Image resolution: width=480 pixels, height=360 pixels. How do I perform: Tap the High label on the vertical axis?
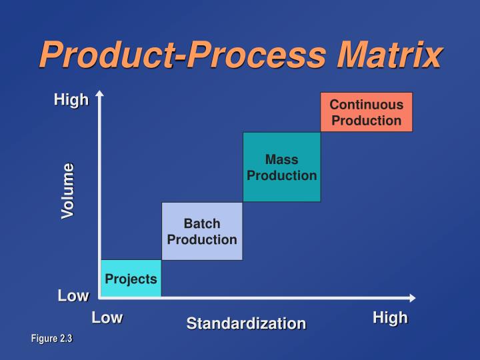click(71, 100)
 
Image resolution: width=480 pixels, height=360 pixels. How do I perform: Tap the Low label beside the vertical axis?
click(73, 296)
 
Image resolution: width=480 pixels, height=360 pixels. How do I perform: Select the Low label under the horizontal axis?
click(107, 317)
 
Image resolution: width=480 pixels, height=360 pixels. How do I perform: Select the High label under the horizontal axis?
click(390, 318)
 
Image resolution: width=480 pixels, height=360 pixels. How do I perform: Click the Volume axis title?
click(68, 191)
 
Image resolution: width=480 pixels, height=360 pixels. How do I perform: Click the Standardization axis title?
click(246, 323)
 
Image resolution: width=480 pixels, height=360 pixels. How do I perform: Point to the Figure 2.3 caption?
click(51, 339)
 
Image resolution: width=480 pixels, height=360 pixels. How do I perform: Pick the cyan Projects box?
click(131, 278)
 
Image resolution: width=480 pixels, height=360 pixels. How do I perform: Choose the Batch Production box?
click(202, 231)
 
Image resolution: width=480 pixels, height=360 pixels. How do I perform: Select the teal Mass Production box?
click(281, 167)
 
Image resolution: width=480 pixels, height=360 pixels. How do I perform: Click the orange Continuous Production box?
click(366, 112)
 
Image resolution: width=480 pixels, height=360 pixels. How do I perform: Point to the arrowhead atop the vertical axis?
click(99, 94)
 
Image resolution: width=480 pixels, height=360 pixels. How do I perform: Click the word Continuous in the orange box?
click(366, 105)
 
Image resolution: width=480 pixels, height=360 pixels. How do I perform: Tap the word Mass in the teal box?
click(281, 160)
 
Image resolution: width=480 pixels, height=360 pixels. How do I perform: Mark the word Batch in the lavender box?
click(202, 223)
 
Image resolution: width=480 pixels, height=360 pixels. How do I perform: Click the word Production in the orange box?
click(366, 121)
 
